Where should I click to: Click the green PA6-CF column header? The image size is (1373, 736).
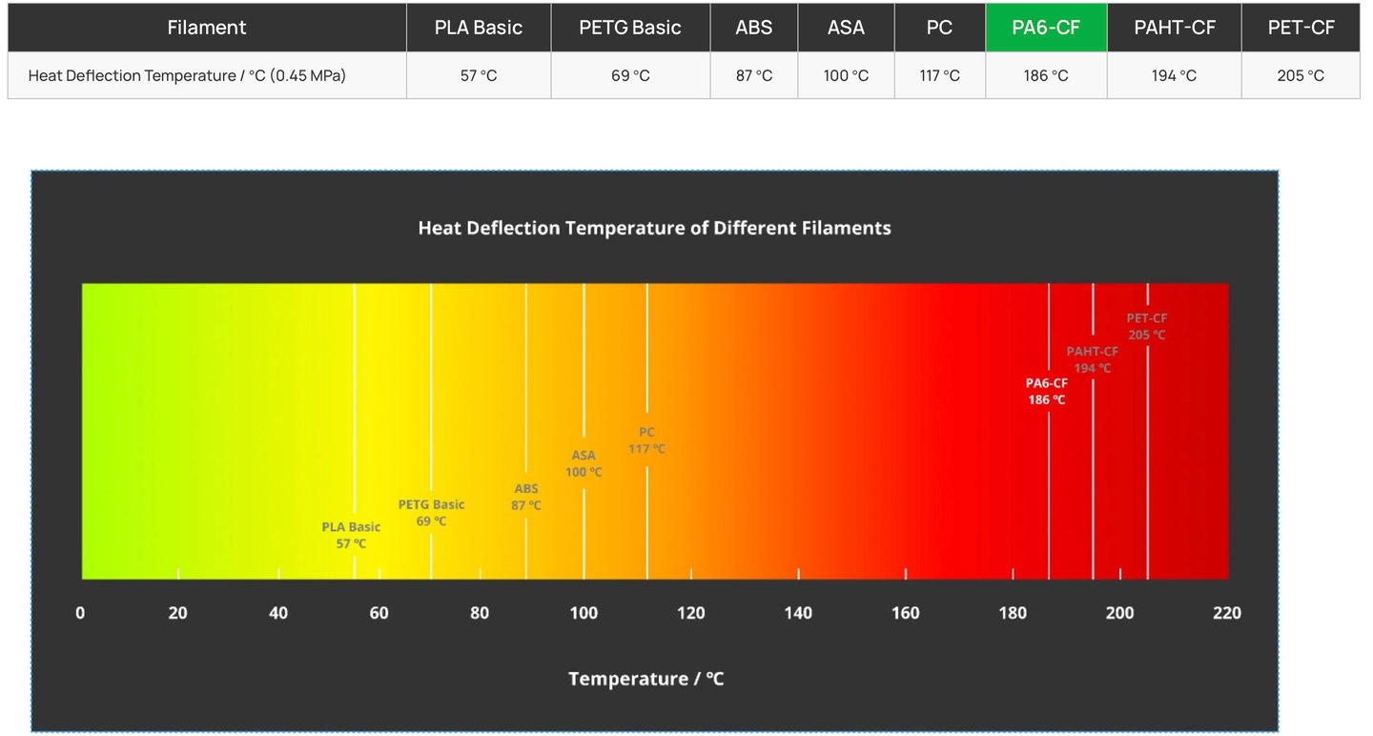click(x=1046, y=28)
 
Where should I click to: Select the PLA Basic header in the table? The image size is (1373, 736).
click(x=478, y=28)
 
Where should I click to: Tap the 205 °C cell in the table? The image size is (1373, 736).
click(x=1300, y=75)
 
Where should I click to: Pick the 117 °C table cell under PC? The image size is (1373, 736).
click(x=939, y=75)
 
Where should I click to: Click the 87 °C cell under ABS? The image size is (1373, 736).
click(x=753, y=75)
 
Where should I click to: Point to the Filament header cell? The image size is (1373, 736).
click(x=207, y=28)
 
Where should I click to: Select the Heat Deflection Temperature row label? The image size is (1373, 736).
click(x=187, y=75)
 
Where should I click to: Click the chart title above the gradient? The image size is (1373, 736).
click(x=654, y=228)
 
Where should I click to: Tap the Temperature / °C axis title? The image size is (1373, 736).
click(x=646, y=679)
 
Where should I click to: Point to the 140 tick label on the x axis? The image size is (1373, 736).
click(x=798, y=613)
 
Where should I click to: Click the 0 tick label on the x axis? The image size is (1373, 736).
click(x=80, y=613)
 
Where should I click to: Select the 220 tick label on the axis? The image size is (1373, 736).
click(x=1227, y=613)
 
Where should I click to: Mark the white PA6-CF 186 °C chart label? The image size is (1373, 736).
click(x=1046, y=391)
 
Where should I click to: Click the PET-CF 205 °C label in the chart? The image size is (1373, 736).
click(x=1146, y=326)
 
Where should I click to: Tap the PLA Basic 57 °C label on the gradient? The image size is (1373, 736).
click(x=351, y=535)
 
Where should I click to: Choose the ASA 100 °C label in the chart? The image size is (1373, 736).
click(x=584, y=463)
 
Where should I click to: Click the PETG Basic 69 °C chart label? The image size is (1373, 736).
click(x=431, y=513)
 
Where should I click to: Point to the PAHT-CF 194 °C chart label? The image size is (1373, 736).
click(x=1092, y=359)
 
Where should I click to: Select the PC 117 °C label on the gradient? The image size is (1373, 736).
click(x=646, y=440)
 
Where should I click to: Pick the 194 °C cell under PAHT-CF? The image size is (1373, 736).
click(x=1174, y=75)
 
